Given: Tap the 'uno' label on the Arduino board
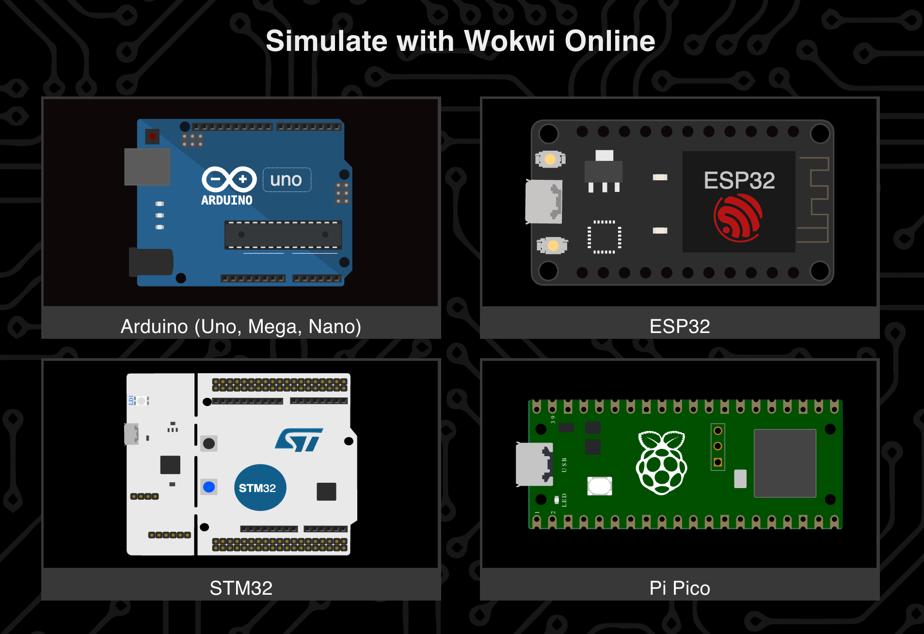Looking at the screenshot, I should point(287,180).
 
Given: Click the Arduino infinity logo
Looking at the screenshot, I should point(229,179).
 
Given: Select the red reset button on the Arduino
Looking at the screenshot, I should point(153,136).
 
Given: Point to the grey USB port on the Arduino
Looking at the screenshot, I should point(147,167).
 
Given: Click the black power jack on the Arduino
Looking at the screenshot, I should point(151,262).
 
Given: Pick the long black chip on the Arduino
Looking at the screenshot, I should point(283,235).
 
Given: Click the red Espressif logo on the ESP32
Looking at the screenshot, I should point(738,218).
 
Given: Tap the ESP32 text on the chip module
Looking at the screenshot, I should point(739,180).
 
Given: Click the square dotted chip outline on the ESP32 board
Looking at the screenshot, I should point(604,237).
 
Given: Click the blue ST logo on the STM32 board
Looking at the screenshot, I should point(299,440).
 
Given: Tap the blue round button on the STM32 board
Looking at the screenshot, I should point(209,487).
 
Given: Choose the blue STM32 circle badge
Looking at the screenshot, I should point(260,488).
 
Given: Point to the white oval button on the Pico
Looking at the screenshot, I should point(600,486).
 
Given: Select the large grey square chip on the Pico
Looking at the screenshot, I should point(785,463).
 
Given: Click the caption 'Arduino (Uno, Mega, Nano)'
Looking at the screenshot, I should point(241,327).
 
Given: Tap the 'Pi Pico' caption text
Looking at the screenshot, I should point(680,588).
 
